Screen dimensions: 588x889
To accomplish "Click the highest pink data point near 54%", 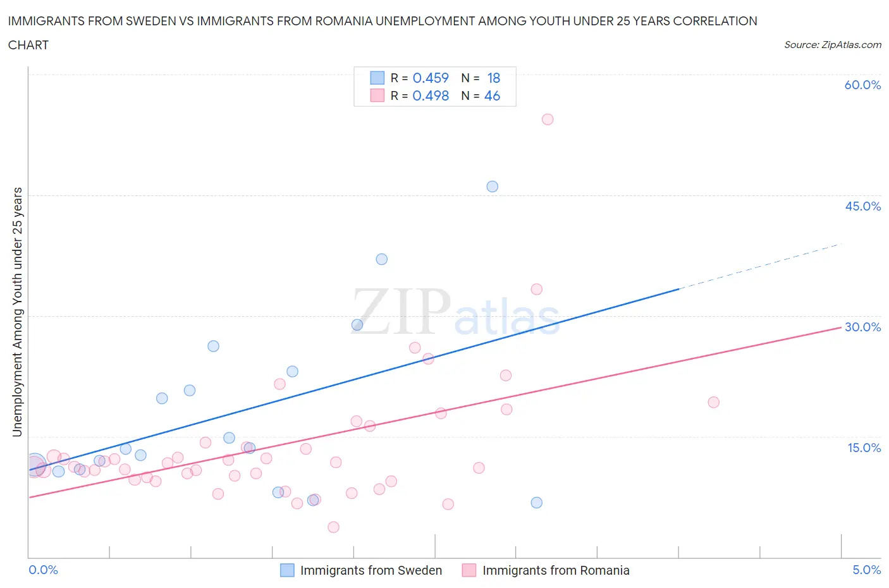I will (x=548, y=119).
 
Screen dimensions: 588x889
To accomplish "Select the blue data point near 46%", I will (x=493, y=187).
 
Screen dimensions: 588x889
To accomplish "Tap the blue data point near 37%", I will (x=382, y=259).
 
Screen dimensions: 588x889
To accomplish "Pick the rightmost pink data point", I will (x=714, y=402).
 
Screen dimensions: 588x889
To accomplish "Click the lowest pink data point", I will (x=334, y=527).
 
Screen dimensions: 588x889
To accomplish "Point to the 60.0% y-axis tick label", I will (x=862, y=85).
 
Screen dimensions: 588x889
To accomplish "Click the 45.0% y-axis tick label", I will (x=862, y=206).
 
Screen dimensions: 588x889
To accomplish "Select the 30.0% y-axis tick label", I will (x=862, y=327).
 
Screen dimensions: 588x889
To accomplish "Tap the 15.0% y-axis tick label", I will (x=864, y=448).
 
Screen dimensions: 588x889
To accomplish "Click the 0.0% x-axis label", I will (x=43, y=570).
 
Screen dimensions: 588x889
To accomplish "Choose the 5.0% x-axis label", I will (x=866, y=570).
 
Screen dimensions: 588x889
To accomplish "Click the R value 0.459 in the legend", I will (x=431, y=78).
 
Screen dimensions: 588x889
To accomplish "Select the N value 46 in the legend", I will (x=492, y=95).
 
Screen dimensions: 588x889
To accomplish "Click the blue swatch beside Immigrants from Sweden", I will (x=287, y=570).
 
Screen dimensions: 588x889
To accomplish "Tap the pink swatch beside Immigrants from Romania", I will (x=469, y=570).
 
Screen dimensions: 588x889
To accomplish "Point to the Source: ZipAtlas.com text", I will (x=832, y=45).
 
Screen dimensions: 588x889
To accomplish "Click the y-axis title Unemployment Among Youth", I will (x=18, y=312).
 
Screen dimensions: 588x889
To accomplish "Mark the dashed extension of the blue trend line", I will (x=759, y=266).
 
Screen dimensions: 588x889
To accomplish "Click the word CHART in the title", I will (x=28, y=45).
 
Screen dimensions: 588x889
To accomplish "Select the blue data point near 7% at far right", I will (x=537, y=503).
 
